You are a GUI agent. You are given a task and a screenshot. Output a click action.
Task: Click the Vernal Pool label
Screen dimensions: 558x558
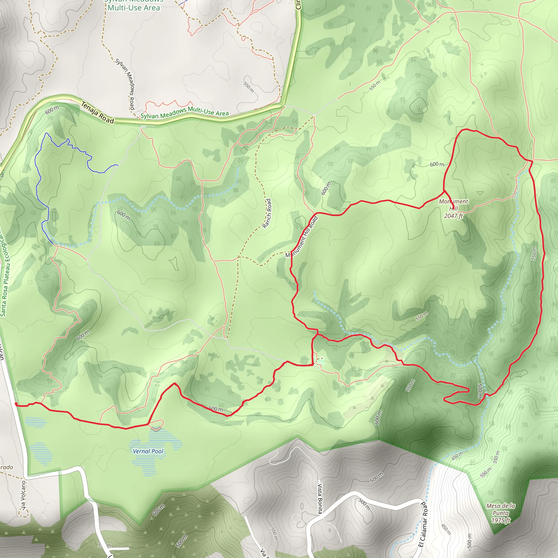click(x=148, y=451)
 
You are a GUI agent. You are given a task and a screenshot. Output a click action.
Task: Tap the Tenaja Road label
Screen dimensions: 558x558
click(x=97, y=113)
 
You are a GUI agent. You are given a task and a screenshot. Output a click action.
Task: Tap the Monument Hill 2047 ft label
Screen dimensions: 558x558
click(x=453, y=208)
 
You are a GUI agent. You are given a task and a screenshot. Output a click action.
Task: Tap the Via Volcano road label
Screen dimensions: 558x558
click(x=23, y=495)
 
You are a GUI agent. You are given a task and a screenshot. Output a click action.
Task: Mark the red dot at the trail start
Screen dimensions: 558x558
click(x=16, y=404)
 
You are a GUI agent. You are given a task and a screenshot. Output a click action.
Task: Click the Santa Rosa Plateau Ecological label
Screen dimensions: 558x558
click(x=5, y=274)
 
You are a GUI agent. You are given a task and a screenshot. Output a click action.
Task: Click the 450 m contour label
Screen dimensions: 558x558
click(x=457, y=456)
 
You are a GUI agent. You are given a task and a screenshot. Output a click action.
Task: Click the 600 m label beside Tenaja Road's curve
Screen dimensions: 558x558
click(x=52, y=110)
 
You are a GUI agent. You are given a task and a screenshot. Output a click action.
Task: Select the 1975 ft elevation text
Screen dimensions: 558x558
click(x=501, y=520)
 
